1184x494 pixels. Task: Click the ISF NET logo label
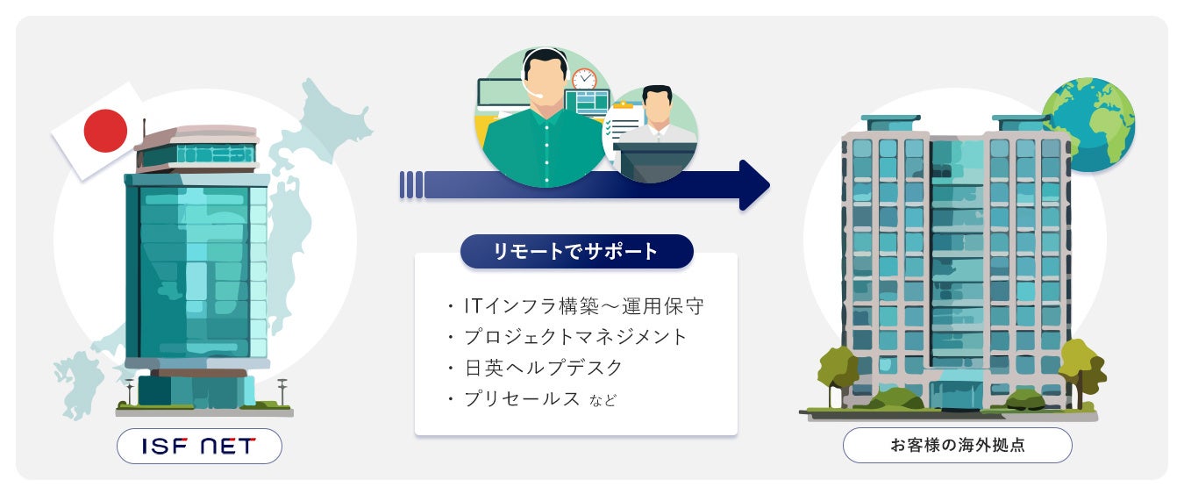199,446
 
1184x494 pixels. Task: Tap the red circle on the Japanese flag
105,132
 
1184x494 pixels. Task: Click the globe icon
1088,124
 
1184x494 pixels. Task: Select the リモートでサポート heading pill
576,251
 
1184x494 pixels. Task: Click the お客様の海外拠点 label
957,446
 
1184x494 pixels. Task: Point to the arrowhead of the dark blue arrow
753,185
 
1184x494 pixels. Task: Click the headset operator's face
545,78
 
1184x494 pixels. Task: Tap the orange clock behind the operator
584,78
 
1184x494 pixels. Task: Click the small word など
603,401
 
